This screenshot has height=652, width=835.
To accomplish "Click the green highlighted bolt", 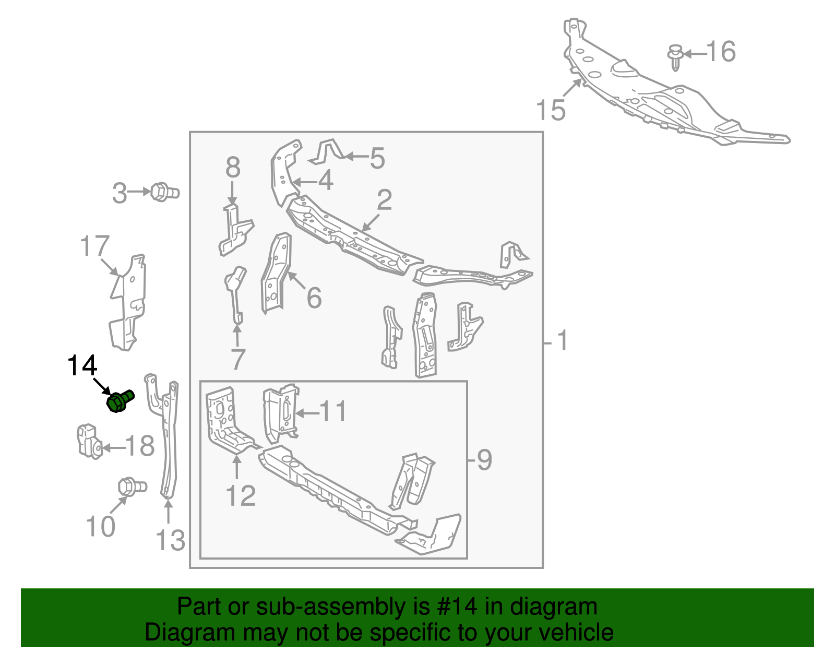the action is click(x=120, y=401).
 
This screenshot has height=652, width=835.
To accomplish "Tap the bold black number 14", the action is click(x=82, y=365).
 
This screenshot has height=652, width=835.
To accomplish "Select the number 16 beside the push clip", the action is click(x=721, y=52).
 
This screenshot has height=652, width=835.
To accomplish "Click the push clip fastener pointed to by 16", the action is click(x=675, y=57).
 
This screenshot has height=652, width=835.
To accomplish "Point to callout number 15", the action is click(x=551, y=110).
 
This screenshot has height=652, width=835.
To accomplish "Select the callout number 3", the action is click(x=120, y=193).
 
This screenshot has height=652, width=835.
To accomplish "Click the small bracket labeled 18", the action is click(x=90, y=442).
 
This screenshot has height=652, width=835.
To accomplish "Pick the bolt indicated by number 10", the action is click(x=132, y=487).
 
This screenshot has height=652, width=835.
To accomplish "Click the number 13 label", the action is click(x=170, y=540).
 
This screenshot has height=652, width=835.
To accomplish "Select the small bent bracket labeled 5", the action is click(x=327, y=152).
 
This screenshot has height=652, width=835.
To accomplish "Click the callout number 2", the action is click(x=384, y=199).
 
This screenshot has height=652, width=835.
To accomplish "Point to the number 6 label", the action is click(x=314, y=297).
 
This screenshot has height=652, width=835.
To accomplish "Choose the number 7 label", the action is click(x=237, y=359).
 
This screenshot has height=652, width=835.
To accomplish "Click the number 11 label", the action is click(x=333, y=411).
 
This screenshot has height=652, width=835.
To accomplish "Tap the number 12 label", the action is click(x=241, y=495).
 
